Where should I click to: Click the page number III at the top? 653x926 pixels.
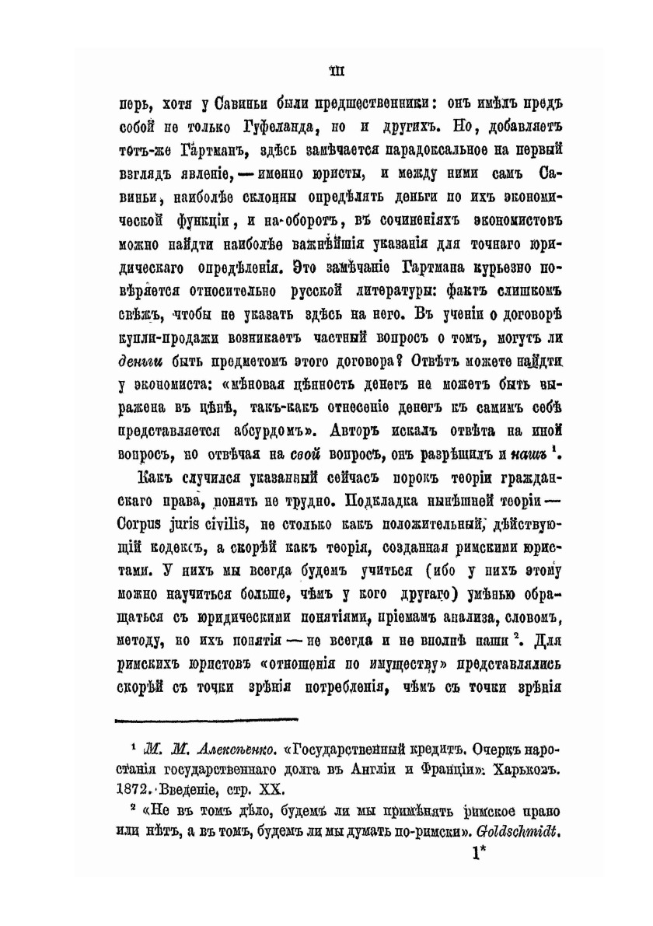pos(337,72)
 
